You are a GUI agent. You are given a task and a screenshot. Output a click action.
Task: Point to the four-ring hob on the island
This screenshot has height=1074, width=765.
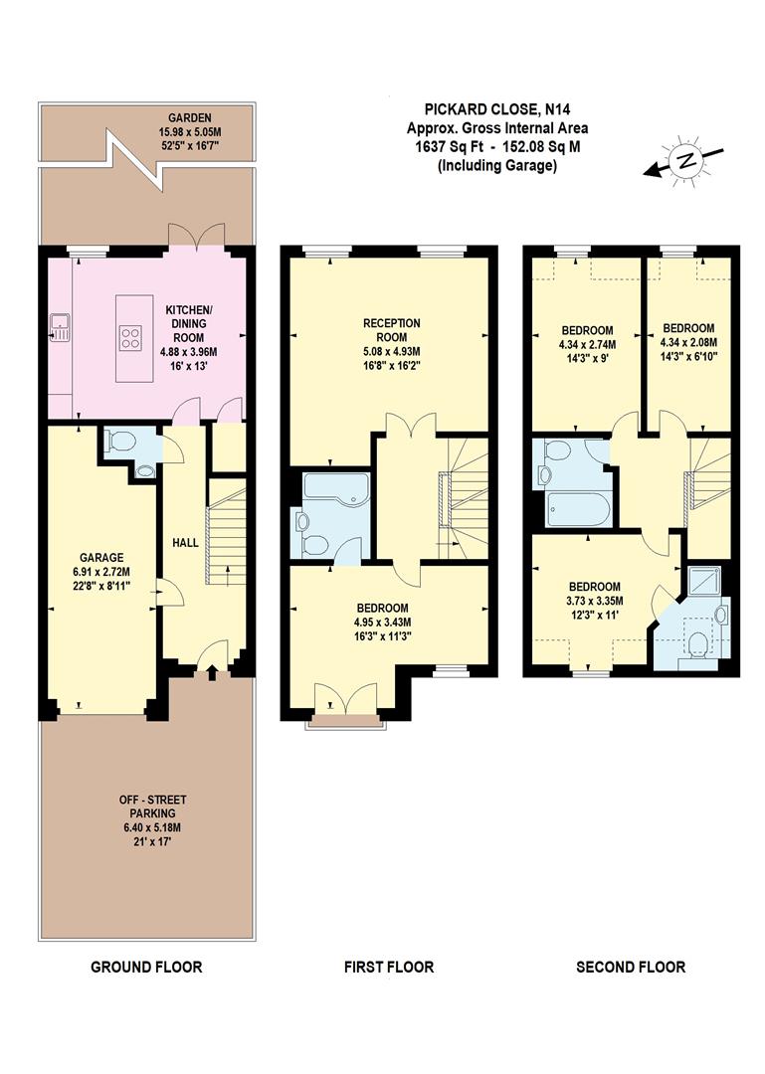tap(131, 337)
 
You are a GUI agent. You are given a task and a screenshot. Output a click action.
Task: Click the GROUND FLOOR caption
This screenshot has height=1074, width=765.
tap(146, 967)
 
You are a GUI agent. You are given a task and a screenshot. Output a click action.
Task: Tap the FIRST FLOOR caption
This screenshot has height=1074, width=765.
tap(389, 967)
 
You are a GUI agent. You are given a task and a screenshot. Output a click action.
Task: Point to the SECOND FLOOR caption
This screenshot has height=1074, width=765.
tap(631, 967)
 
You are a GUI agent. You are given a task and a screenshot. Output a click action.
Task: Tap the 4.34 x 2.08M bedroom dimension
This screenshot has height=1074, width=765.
tap(688, 343)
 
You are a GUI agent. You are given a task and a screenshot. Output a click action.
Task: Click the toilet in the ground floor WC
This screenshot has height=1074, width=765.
tap(119, 439)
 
